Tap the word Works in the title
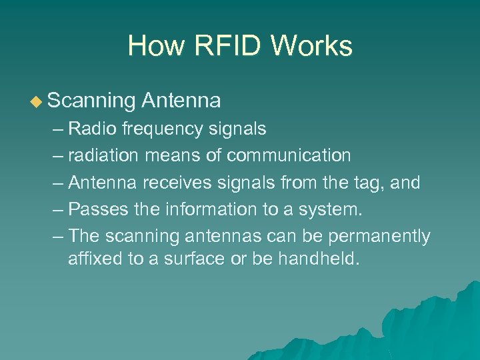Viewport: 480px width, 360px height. click(312, 46)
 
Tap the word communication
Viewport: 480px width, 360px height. click(289, 155)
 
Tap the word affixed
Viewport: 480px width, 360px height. click(89, 258)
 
